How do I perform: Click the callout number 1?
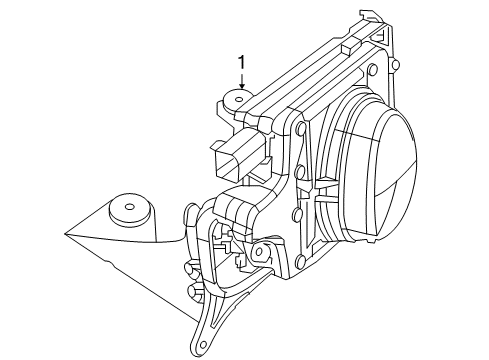coord(240,63)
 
